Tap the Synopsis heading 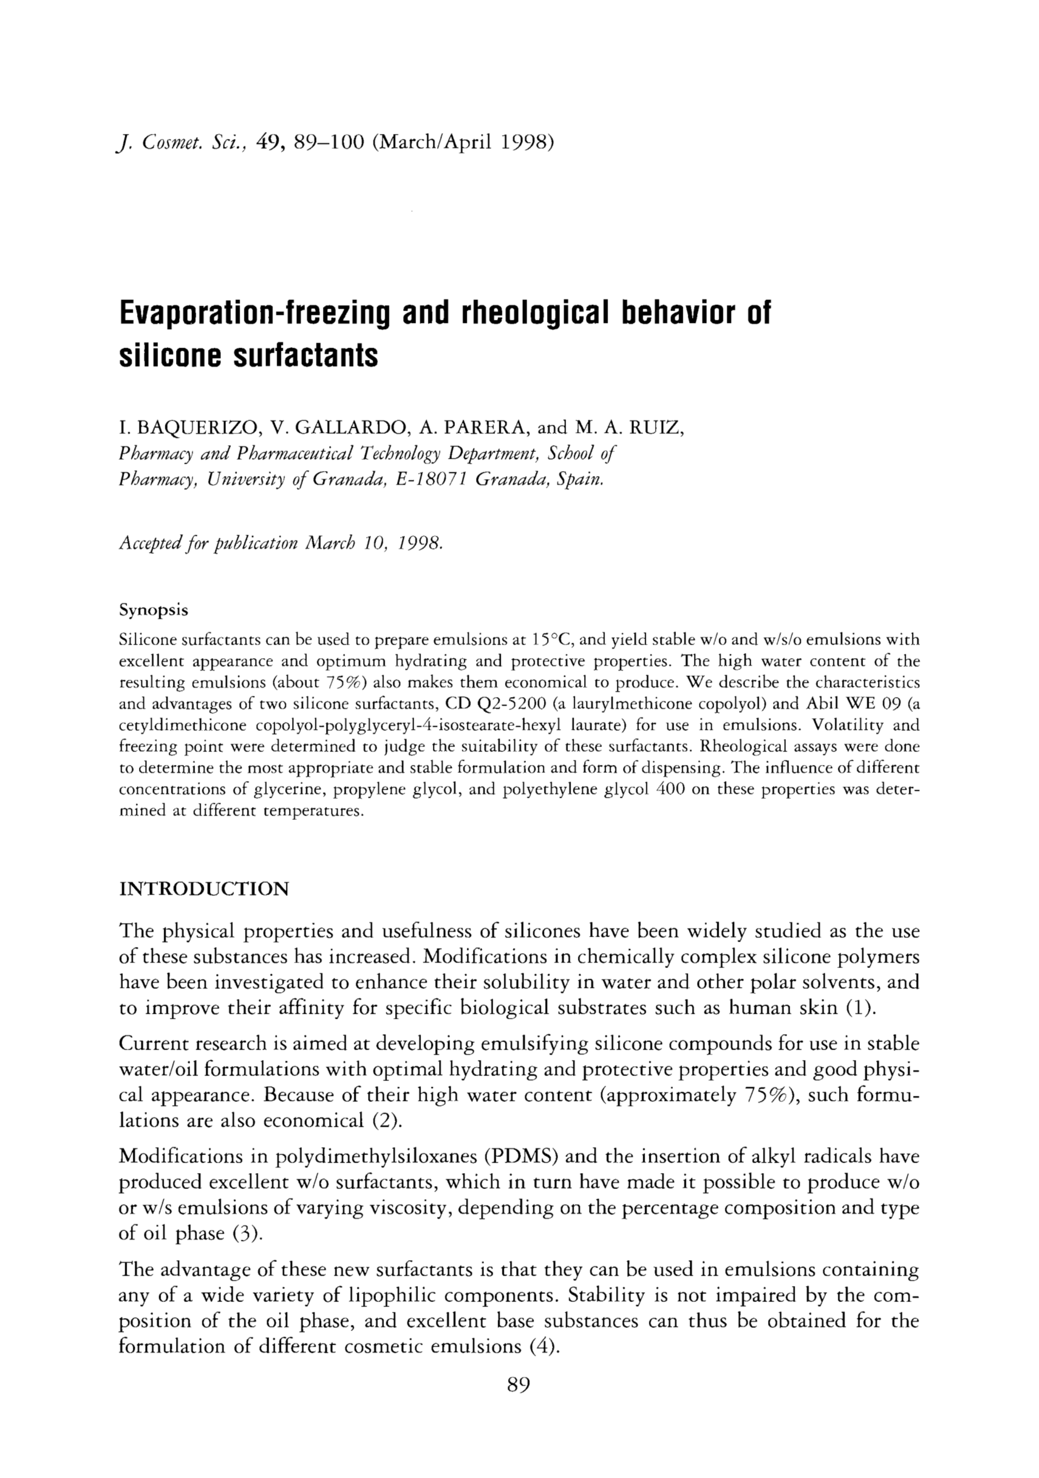154,610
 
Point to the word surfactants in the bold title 305,356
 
